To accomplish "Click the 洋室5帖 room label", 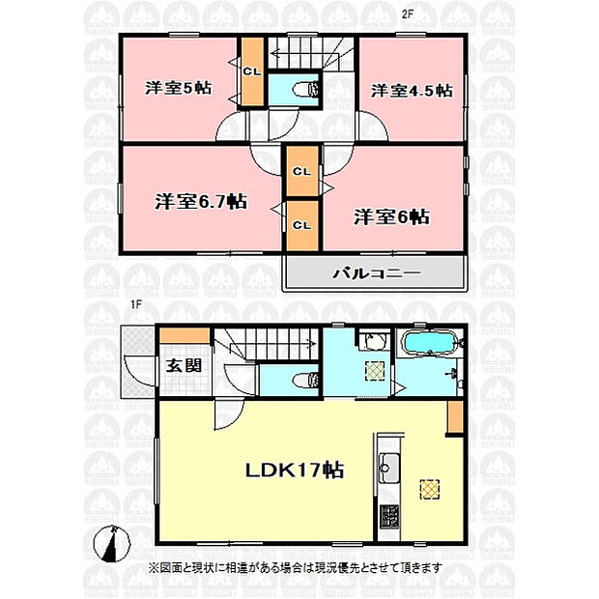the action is tap(178, 88).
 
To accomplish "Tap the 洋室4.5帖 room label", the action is tap(412, 91).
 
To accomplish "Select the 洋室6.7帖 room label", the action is tap(201, 201).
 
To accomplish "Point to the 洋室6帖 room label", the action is tap(391, 217).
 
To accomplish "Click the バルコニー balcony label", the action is tap(376, 273).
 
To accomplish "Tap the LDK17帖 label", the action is tap(295, 471).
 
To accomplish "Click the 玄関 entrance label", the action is tap(184, 365).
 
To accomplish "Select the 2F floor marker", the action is tap(408, 14).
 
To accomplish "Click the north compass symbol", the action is tap(111, 544).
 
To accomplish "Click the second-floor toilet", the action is tap(306, 90).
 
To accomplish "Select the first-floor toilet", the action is tap(305, 380).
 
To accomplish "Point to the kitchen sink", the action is tap(389, 468).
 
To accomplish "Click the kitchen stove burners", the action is tap(389, 516).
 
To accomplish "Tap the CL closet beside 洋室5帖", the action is tap(252, 71).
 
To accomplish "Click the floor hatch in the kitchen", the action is tap(429, 490).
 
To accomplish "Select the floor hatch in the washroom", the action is tap(375, 371).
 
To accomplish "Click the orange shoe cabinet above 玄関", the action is tap(185, 335).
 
